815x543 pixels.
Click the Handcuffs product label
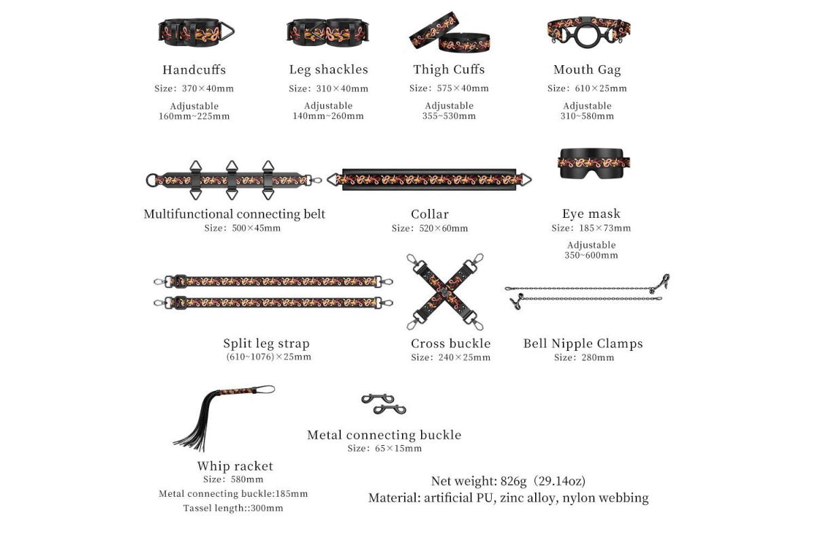(194, 69)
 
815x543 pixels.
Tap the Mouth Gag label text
(587, 69)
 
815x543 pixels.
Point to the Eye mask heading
(591, 214)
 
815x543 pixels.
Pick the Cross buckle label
(450, 343)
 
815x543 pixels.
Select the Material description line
(508, 498)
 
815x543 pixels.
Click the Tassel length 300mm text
(233, 508)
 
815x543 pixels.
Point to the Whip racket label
(235, 466)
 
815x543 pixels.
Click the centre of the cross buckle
(445, 291)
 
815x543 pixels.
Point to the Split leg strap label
(266, 343)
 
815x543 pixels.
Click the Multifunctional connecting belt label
(234, 214)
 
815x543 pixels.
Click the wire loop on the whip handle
(266, 390)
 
